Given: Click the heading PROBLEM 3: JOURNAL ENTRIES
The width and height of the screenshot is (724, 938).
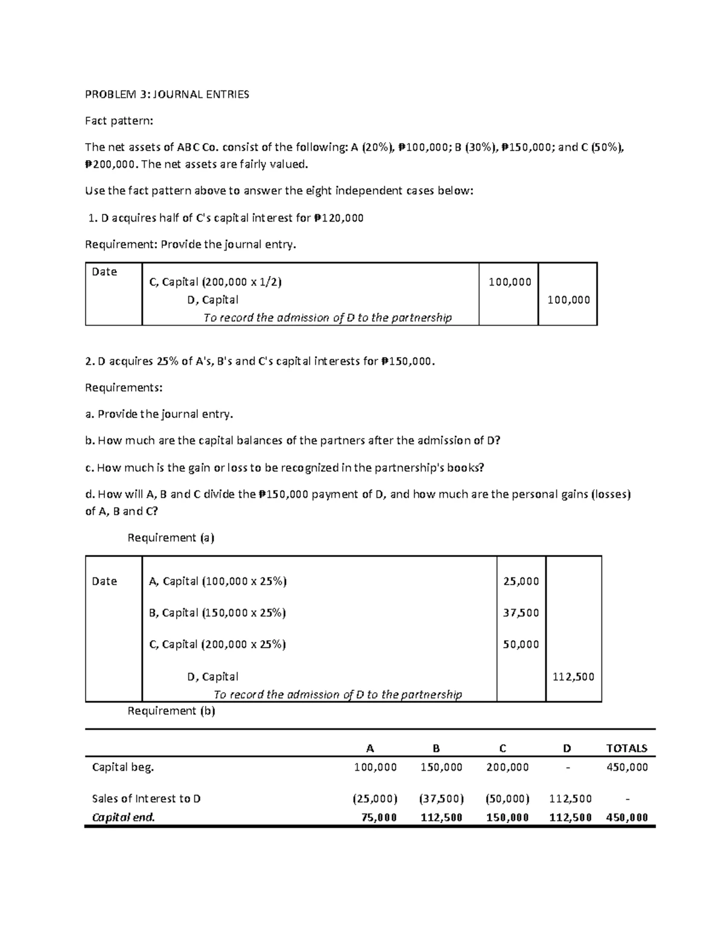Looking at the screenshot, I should [x=167, y=94].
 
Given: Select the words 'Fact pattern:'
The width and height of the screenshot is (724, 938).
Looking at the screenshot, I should [x=119, y=121].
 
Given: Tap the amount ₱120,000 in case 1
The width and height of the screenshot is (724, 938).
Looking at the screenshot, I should [x=338, y=218].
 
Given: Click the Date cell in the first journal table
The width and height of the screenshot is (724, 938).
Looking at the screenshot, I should [x=104, y=272].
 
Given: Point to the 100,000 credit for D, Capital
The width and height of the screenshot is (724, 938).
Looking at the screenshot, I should [x=568, y=300].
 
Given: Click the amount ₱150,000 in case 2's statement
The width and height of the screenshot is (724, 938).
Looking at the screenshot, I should [x=407, y=361].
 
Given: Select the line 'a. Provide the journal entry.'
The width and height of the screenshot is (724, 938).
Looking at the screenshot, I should [x=159, y=414].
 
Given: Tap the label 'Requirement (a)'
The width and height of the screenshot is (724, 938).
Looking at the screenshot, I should [x=171, y=538].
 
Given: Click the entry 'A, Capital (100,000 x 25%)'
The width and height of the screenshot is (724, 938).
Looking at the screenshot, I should [x=218, y=581].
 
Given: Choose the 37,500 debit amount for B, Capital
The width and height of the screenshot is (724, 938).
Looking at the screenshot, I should [x=521, y=612].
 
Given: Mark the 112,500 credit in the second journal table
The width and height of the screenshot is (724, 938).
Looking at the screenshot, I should [x=573, y=676].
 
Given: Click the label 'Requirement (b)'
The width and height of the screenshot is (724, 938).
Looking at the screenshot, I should [x=171, y=711].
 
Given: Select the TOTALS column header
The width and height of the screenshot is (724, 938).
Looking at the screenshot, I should [x=626, y=748].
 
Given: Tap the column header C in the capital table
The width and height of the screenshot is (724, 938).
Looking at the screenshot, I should [x=503, y=748].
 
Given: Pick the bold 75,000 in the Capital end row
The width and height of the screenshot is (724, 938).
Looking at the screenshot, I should [x=378, y=817].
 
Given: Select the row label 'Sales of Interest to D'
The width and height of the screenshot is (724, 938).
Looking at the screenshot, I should [x=146, y=798].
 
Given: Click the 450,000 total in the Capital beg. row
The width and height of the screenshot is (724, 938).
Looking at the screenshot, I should [x=628, y=767].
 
